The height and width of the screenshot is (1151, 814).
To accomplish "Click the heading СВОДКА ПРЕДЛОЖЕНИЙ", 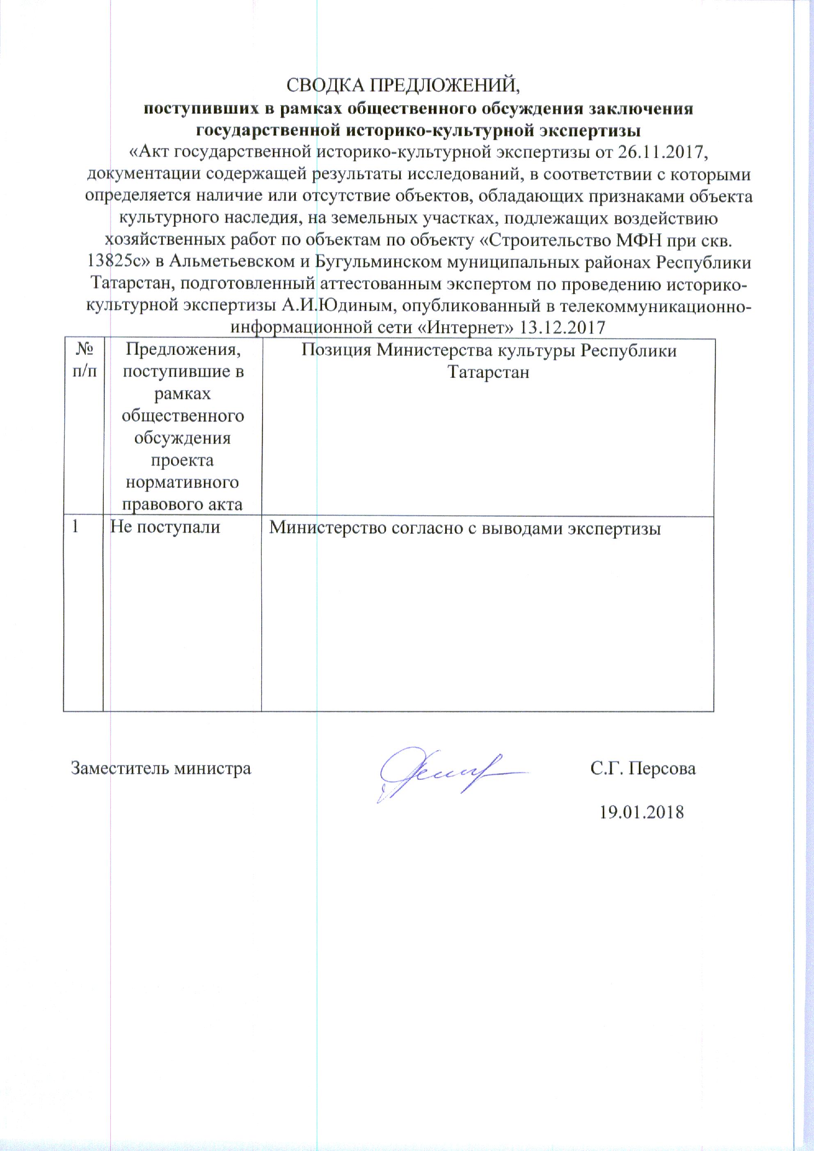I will click(x=403, y=85).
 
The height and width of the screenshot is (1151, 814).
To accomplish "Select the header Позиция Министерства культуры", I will click(x=489, y=361).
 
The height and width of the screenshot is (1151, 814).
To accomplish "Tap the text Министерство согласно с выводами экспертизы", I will click(x=464, y=528).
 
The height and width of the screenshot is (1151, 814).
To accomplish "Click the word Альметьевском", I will click(x=232, y=262).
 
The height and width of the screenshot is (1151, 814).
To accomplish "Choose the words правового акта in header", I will click(x=182, y=504).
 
